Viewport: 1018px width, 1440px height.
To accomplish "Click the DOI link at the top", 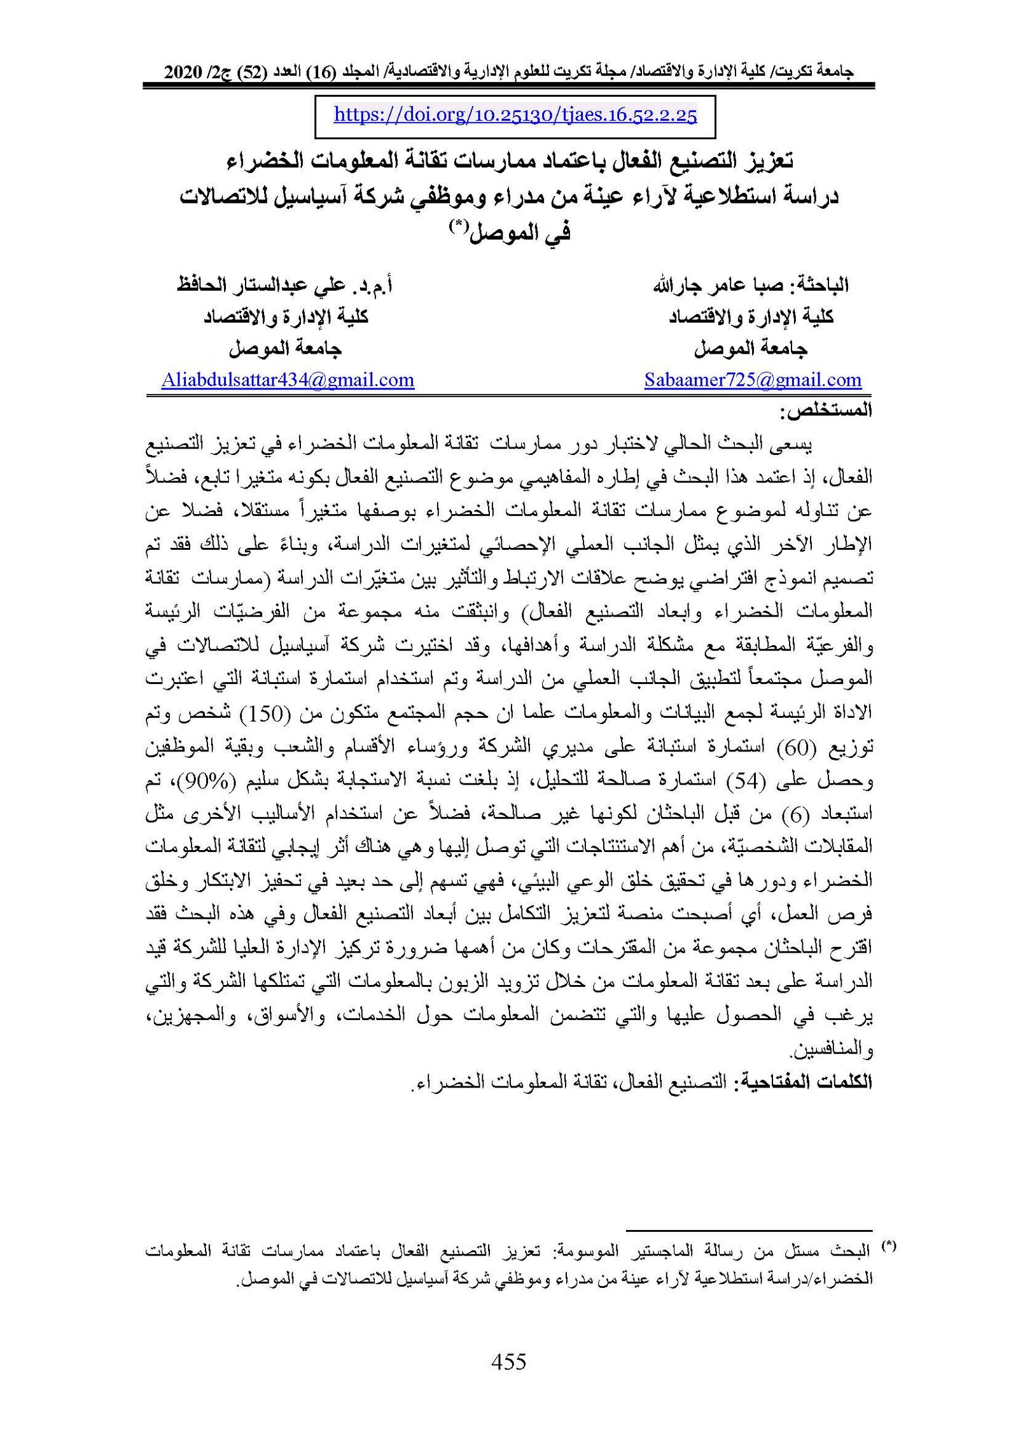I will (515, 115).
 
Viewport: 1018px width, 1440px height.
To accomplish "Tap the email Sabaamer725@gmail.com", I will (753, 381).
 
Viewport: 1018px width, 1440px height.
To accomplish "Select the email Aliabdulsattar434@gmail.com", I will (288, 381).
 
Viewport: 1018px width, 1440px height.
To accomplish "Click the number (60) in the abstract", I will (793, 747).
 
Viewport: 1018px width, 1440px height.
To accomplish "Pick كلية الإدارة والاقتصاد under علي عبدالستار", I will (286, 317).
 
